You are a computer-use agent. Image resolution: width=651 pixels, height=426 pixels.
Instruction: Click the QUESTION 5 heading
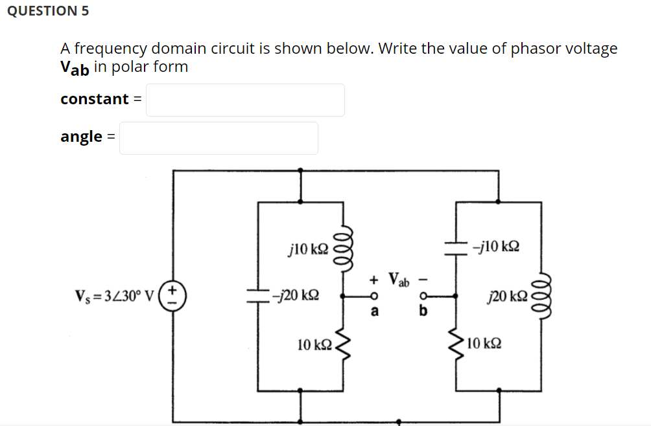(x=49, y=11)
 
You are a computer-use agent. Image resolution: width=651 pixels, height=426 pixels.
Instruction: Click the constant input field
(x=245, y=100)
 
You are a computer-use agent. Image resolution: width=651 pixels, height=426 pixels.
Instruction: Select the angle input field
(x=219, y=138)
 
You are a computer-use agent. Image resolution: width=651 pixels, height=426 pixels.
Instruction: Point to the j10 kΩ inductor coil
(x=342, y=247)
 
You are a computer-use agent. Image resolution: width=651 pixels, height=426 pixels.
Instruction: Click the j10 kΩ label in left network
(x=308, y=248)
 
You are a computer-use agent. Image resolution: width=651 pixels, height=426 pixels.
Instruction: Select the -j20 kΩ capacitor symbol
(x=258, y=295)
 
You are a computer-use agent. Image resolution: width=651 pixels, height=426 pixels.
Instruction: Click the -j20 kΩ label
(x=295, y=295)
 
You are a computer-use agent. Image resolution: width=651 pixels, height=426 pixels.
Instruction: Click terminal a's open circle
(x=373, y=297)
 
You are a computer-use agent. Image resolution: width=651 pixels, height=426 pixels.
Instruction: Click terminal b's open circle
(x=423, y=297)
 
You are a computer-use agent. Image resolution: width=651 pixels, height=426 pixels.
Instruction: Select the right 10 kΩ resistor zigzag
(x=456, y=343)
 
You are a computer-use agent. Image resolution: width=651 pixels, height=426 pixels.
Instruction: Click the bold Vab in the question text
(x=75, y=68)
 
